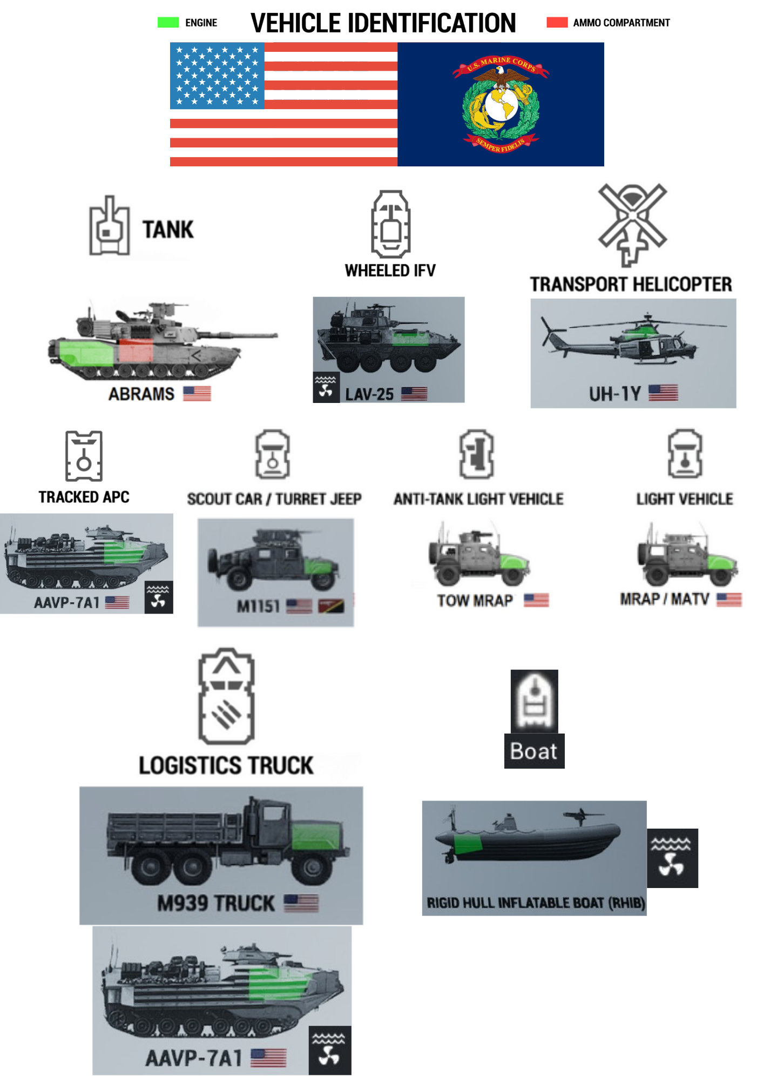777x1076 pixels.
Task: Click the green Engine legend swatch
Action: click(x=168, y=22)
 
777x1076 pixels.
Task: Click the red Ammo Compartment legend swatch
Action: click(x=557, y=22)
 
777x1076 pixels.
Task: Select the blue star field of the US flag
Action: click(x=217, y=76)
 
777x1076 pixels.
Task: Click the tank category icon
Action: click(x=109, y=226)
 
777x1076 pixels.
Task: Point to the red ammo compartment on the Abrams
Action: click(x=136, y=352)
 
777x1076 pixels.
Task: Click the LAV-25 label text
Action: click(x=369, y=394)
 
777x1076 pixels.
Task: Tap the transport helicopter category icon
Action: click(x=632, y=224)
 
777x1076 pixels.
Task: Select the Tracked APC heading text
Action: click(x=84, y=497)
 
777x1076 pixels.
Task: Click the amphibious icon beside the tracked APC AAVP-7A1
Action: click(x=158, y=597)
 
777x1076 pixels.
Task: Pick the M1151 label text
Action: click(x=258, y=607)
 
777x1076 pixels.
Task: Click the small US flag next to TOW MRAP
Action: click(x=536, y=600)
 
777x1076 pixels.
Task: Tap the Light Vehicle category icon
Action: click(x=685, y=454)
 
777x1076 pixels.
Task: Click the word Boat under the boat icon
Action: click(x=533, y=751)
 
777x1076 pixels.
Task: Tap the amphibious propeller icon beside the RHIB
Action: click(x=672, y=858)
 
